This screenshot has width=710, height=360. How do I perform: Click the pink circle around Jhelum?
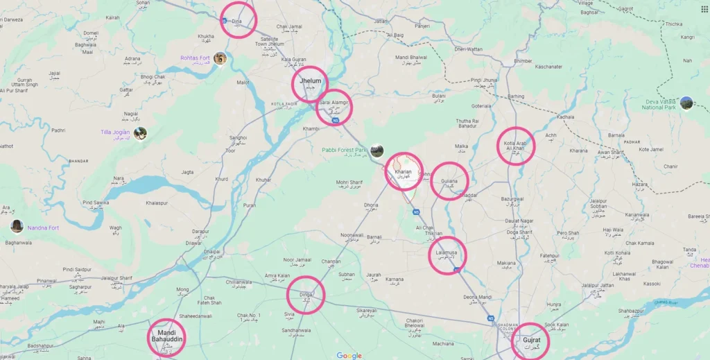(x=309, y=84)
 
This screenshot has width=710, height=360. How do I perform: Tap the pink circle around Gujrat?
(x=530, y=341)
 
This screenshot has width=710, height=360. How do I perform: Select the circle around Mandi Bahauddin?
(x=166, y=338)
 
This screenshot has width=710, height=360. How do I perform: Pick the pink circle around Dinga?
(x=306, y=295)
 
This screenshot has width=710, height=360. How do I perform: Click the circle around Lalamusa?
(x=447, y=255)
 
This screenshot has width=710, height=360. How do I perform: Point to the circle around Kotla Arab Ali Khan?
(x=516, y=146)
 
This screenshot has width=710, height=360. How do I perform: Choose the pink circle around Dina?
(x=238, y=20)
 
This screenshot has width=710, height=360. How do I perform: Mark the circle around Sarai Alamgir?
(x=334, y=107)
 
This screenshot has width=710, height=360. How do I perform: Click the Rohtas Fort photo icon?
(x=220, y=58)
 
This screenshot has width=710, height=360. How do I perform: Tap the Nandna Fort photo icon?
(x=17, y=226)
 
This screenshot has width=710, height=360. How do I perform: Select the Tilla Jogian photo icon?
(x=140, y=132)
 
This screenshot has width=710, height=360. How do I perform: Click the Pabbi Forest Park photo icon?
(x=376, y=150)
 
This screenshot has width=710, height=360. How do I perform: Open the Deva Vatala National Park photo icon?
(x=686, y=103)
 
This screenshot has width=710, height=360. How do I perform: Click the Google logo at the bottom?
(x=349, y=355)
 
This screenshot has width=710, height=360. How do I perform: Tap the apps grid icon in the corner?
(x=704, y=9)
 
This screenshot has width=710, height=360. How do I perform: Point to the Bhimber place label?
(x=523, y=61)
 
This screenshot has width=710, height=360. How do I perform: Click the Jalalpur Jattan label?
(x=598, y=285)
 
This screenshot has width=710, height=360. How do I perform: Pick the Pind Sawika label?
(x=96, y=203)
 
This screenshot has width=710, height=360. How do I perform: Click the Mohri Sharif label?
(x=349, y=182)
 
